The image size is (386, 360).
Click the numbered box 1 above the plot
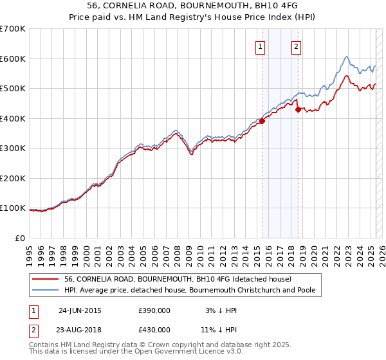pyautogui.click(x=261, y=46)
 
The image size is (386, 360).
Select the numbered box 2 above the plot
pyautogui.click(x=297, y=46)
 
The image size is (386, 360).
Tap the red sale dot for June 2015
pyautogui.click(x=262, y=121)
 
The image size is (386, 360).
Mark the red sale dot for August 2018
pyautogui.click(x=298, y=109)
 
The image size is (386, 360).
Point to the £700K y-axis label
pyautogui.click(x=13, y=29)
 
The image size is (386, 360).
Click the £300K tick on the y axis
pyautogui.click(x=13, y=148)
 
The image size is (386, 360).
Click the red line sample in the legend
pyautogui.click(x=45, y=279)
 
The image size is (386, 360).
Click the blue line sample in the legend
pyautogui.click(x=45, y=291)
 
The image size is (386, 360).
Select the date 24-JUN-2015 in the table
pyautogui.click(x=80, y=310)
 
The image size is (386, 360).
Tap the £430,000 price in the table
pyautogui.click(x=154, y=329)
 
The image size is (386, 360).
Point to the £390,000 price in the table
pyautogui.click(x=154, y=310)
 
